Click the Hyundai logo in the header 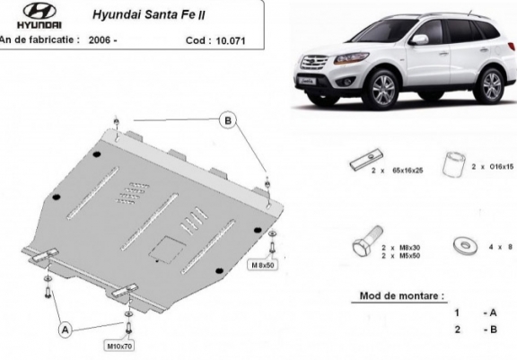[28, 14]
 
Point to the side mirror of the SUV [418, 40]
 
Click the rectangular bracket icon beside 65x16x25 [357, 165]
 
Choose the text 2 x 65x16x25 [397, 168]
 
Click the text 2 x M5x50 [402, 255]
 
